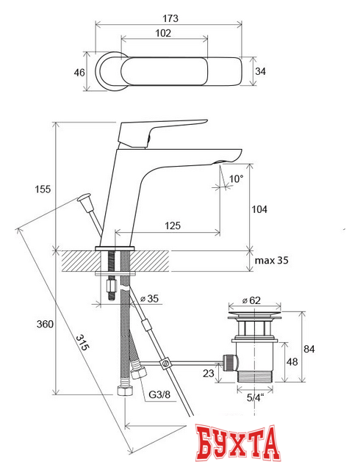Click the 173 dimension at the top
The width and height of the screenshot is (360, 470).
170,18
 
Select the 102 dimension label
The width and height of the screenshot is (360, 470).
163,33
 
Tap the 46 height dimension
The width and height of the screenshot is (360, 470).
79,73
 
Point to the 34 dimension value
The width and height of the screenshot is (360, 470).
260,71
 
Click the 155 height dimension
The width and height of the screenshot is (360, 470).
43,189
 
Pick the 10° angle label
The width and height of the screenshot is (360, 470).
236,179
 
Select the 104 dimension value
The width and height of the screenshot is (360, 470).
259,209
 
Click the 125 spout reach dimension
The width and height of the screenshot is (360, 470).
173,225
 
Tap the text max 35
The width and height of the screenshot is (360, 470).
271,260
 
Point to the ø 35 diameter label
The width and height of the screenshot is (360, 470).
149,299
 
